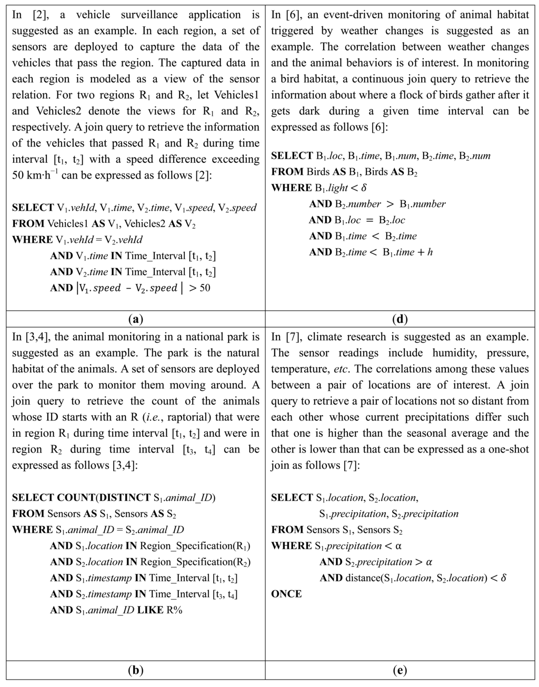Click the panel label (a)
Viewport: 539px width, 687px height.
tap(135, 319)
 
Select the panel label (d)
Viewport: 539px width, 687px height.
tap(400, 319)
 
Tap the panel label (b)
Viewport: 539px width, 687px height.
tap(135, 671)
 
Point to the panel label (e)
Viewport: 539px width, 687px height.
tap(400, 671)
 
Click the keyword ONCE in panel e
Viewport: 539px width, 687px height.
tap(286, 594)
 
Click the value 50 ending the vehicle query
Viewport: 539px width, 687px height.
tap(204, 288)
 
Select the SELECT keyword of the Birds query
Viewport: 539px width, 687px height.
tap(292, 156)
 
